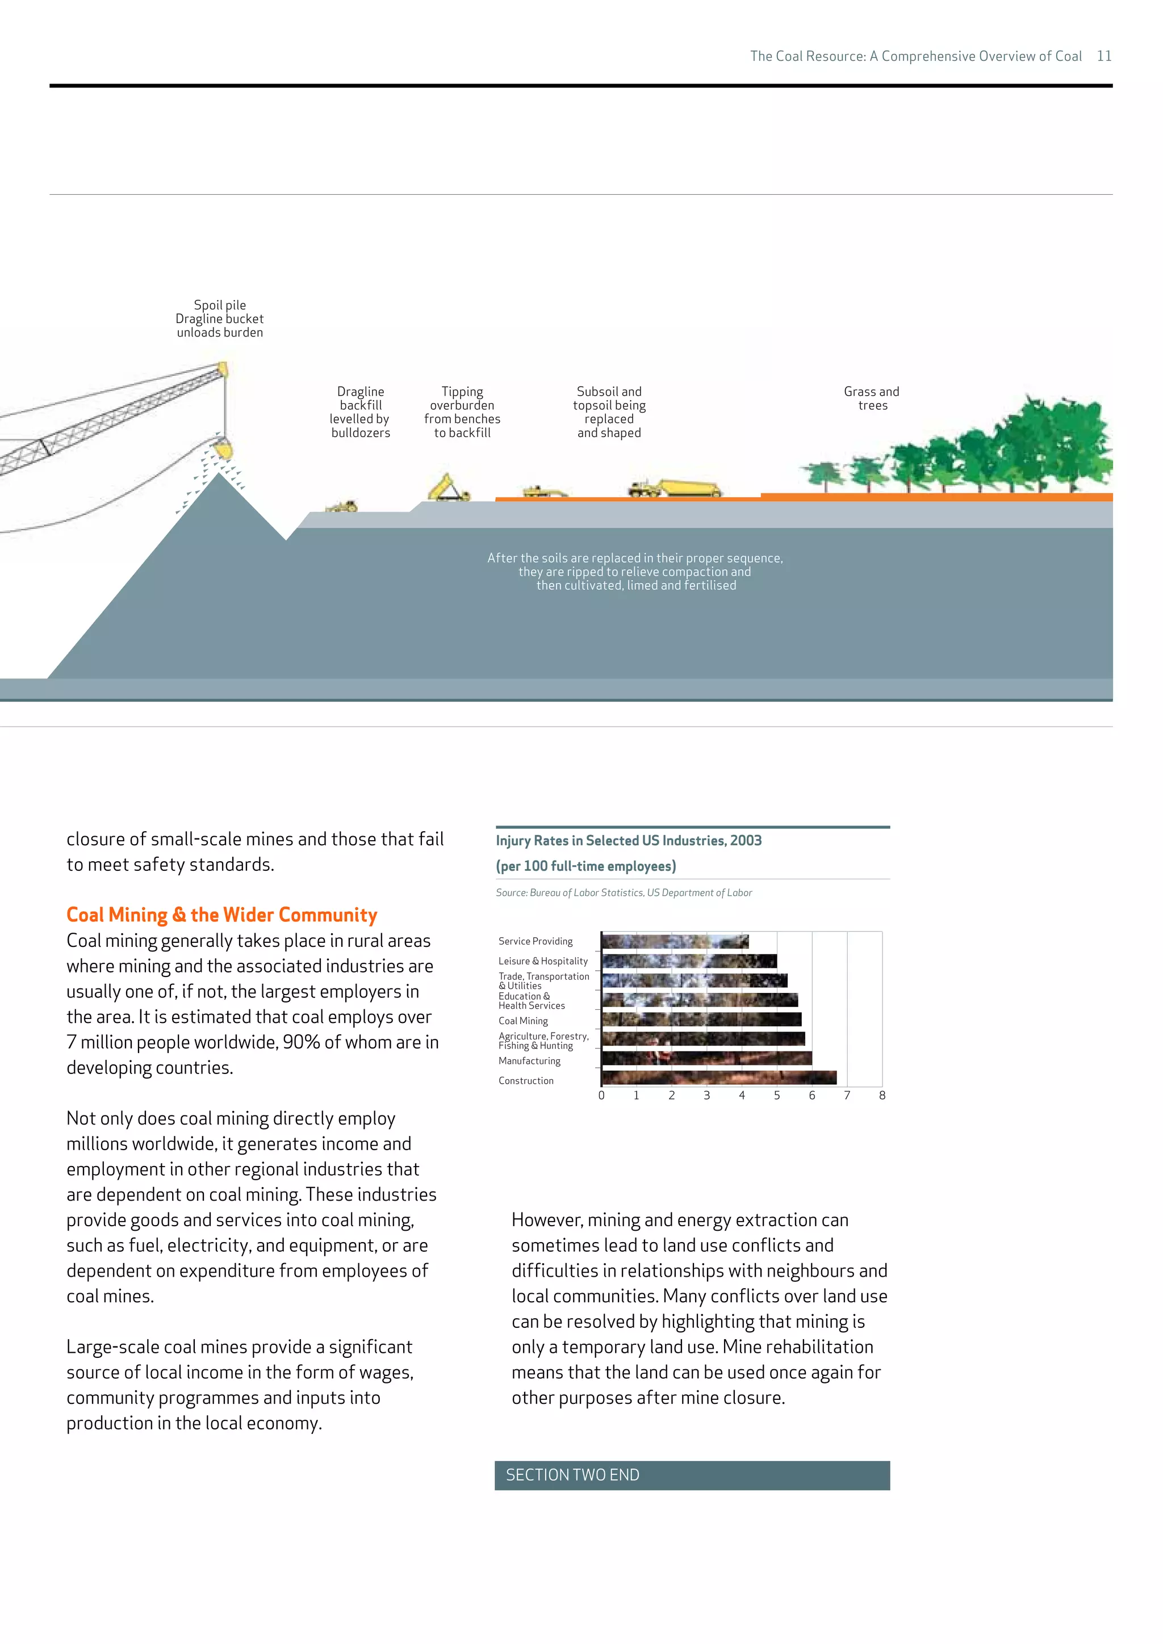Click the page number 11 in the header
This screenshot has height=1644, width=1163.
pyautogui.click(x=1103, y=56)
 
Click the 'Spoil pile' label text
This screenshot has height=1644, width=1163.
pyautogui.click(x=220, y=305)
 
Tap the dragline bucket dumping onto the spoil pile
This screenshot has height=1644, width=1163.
pyautogui.click(x=224, y=450)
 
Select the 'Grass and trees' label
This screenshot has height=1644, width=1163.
pyautogui.click(x=872, y=398)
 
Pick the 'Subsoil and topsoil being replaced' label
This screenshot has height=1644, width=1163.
pyautogui.click(x=609, y=412)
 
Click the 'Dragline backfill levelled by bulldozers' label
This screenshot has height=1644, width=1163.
pyautogui.click(x=360, y=412)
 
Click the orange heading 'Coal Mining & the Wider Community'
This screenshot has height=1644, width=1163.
pyautogui.click(x=221, y=915)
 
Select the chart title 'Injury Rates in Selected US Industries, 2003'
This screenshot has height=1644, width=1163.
pyautogui.click(x=628, y=841)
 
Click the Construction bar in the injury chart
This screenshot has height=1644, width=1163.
pyautogui.click(x=718, y=1077)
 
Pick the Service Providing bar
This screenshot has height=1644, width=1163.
pyautogui.click(x=675, y=942)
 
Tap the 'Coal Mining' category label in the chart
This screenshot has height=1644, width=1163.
pyautogui.click(x=523, y=1021)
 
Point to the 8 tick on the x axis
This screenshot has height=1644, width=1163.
pyautogui.click(x=881, y=1096)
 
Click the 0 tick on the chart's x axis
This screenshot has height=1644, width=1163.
pyautogui.click(x=601, y=1096)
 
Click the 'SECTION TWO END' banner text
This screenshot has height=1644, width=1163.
pyautogui.click(x=572, y=1475)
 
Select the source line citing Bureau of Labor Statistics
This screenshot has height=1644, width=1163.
pyautogui.click(x=623, y=893)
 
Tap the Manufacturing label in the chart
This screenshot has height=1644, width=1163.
pyautogui.click(x=529, y=1061)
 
